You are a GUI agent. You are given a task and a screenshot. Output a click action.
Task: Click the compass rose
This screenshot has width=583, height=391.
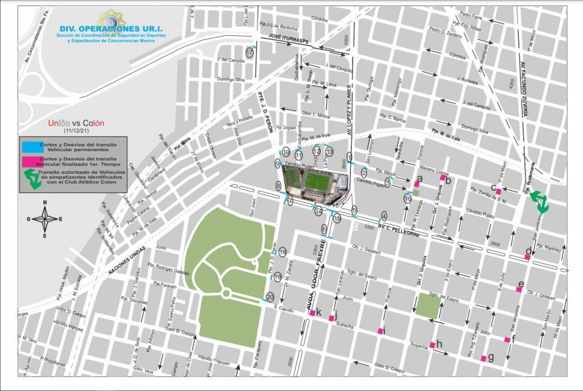point(45,218)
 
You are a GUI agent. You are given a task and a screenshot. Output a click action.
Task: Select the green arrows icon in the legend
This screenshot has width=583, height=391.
point(32,180)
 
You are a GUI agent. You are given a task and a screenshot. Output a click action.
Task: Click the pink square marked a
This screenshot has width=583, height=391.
point(416,184)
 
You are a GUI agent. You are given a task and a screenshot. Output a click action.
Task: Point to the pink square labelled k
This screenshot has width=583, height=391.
point(313,313)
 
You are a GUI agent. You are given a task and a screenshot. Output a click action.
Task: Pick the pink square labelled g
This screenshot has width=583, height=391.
point(483,359)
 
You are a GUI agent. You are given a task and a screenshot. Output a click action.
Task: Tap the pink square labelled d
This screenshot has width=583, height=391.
point(527,257)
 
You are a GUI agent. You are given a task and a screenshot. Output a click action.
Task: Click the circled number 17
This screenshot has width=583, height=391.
point(250,52)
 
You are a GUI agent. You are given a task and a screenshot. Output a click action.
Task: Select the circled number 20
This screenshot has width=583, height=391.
point(270,297)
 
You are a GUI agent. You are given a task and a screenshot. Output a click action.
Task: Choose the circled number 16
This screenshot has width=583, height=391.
point(408,199)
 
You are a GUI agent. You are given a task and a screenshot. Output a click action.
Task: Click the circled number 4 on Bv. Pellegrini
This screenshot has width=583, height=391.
point(384,215)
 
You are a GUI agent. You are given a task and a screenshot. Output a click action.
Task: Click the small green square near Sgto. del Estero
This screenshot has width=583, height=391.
point(428,305)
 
